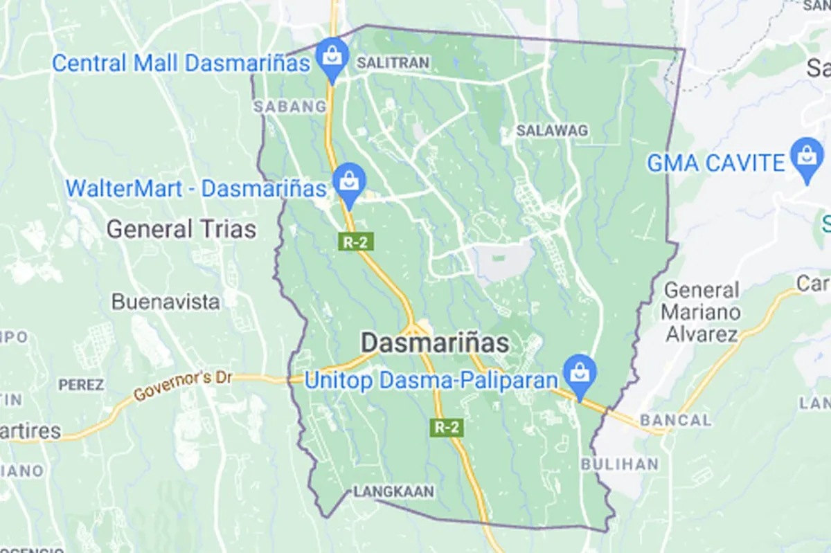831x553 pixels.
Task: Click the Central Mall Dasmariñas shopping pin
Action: (x=333, y=56)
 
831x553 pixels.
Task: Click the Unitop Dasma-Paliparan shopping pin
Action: (x=580, y=374)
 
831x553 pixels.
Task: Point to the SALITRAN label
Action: (x=393, y=63)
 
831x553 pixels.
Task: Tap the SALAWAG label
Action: (x=552, y=130)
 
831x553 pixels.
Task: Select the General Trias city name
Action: (x=181, y=229)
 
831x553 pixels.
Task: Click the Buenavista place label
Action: (x=166, y=302)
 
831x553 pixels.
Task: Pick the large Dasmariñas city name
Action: (x=435, y=343)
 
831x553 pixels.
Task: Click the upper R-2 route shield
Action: (x=351, y=242)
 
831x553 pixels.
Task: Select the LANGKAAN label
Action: (x=393, y=492)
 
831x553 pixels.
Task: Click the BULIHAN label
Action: (x=620, y=464)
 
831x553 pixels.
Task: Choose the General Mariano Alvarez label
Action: (x=701, y=311)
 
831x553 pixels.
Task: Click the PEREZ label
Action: (x=81, y=384)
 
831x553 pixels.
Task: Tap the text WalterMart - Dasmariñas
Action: (x=195, y=188)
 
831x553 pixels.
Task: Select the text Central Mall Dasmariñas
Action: (x=181, y=64)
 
